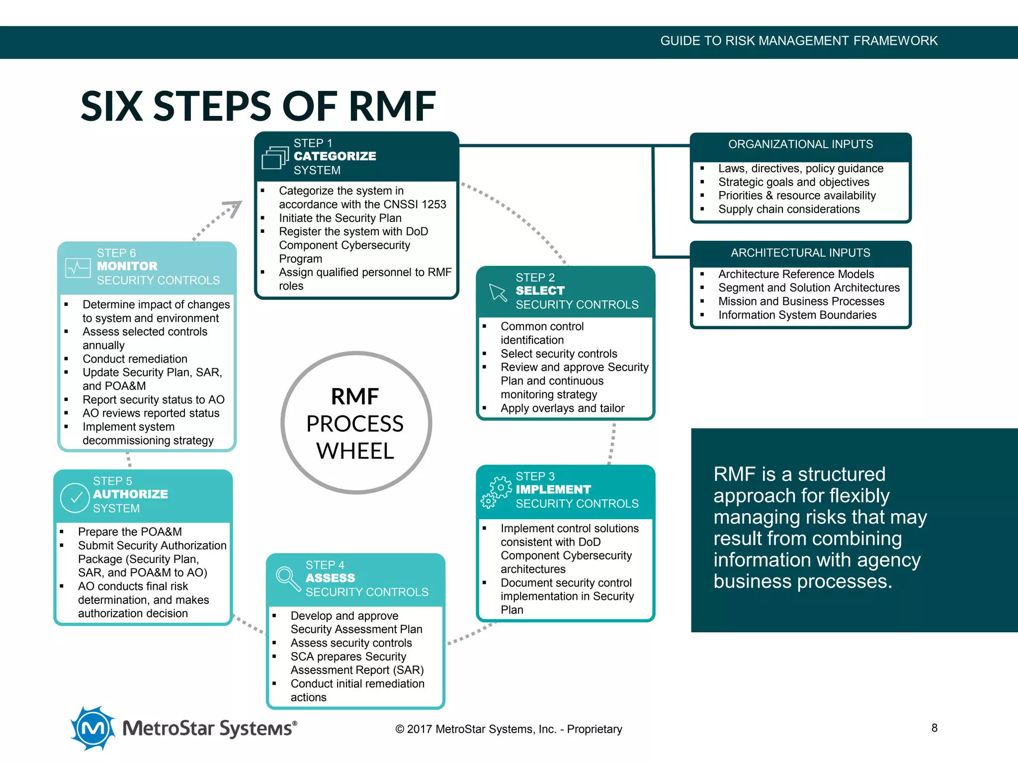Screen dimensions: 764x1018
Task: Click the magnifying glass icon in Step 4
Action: click(x=287, y=578)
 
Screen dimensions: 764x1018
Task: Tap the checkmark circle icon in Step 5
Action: click(x=75, y=497)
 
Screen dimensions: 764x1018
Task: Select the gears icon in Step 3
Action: click(x=496, y=492)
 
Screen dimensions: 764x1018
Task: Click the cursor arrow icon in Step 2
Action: click(x=498, y=292)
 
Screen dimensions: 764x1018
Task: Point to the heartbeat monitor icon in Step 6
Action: click(x=78, y=268)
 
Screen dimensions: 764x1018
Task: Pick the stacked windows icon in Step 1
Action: click(x=275, y=157)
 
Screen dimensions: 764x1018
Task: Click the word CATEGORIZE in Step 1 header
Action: click(x=335, y=156)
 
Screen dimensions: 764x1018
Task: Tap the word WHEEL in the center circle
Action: click(x=355, y=451)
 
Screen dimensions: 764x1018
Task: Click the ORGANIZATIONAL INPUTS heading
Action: click(x=800, y=144)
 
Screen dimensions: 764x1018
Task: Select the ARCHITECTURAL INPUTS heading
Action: click(x=800, y=253)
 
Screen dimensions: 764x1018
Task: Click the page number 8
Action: click(x=934, y=728)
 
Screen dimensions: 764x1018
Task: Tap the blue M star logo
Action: click(x=92, y=728)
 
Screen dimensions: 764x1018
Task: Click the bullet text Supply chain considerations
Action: click(x=788, y=209)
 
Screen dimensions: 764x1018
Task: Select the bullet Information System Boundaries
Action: click(x=797, y=315)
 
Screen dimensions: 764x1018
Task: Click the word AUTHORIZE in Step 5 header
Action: click(x=130, y=494)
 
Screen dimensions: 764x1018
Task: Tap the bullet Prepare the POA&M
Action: click(x=130, y=532)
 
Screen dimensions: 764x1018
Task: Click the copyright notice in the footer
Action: click(x=508, y=729)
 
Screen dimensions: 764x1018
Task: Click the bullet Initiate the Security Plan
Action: click(x=340, y=218)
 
